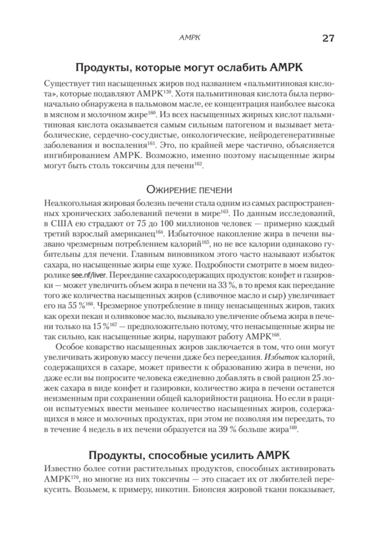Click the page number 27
(328, 38)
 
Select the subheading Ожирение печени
(189, 189)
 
